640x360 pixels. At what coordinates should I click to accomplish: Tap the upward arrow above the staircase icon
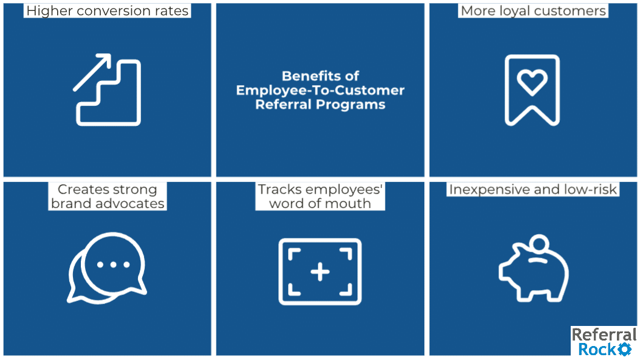(x=92, y=72)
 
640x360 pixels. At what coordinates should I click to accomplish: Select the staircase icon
(x=109, y=92)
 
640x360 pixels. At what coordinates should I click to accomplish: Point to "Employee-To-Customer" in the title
(x=320, y=90)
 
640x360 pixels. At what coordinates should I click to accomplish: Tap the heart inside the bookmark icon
(x=532, y=81)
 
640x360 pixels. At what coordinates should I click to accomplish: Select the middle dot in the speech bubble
(x=113, y=265)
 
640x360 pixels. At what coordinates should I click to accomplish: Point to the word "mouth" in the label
(x=350, y=203)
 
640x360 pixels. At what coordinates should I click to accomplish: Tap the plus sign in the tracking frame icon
(x=320, y=272)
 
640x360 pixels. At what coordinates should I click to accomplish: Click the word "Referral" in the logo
(x=604, y=334)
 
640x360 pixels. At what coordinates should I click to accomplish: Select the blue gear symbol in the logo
(x=624, y=349)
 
